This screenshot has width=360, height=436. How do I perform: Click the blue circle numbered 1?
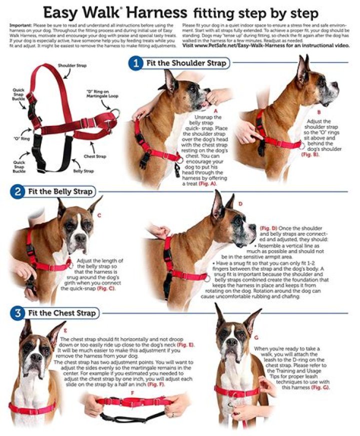[135, 63]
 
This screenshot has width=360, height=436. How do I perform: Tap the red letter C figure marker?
[99, 215]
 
